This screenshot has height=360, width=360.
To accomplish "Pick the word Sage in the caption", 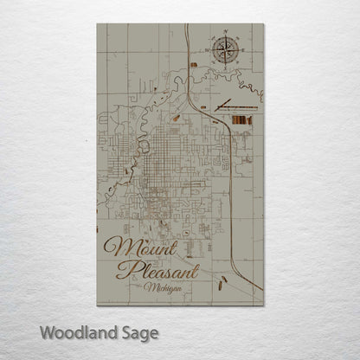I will (x=138, y=331).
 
